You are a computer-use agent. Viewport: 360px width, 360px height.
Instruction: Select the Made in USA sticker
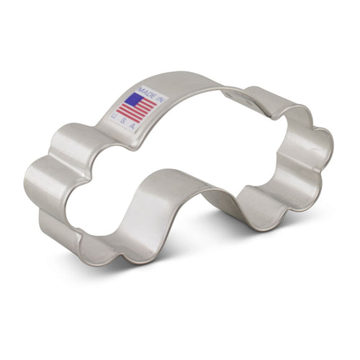(138, 106)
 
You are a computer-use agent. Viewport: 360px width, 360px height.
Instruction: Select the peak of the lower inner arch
(173, 176)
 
